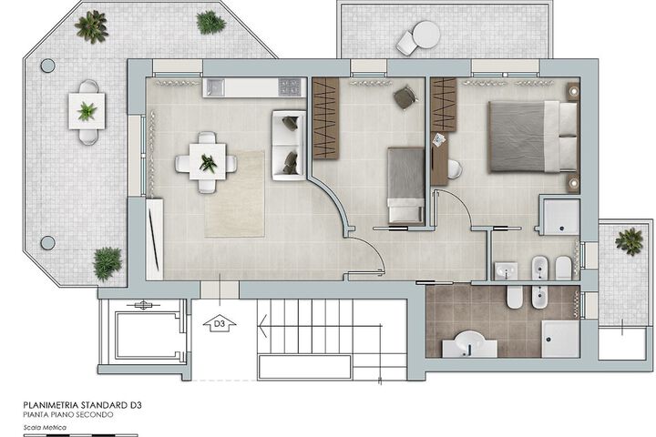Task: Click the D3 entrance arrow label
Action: click(220, 324)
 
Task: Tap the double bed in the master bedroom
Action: click(533, 137)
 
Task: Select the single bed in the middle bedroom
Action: click(405, 185)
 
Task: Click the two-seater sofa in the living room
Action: click(289, 145)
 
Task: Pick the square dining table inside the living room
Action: click(208, 162)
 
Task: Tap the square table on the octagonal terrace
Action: click(87, 111)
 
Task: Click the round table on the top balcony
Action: click(426, 35)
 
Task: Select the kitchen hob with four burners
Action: click(290, 87)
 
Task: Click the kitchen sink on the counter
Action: click(215, 87)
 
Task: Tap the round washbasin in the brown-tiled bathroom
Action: click(469, 342)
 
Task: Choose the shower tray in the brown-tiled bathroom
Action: click(560, 339)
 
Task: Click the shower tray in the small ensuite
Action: click(561, 216)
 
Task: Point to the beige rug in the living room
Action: click(234, 194)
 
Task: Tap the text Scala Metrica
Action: click(46, 427)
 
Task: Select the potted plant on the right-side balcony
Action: click(629, 241)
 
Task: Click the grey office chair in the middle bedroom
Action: click(405, 97)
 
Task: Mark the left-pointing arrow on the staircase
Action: click(263, 326)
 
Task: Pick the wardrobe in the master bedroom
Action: click(444, 105)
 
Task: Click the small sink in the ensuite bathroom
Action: click(507, 270)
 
